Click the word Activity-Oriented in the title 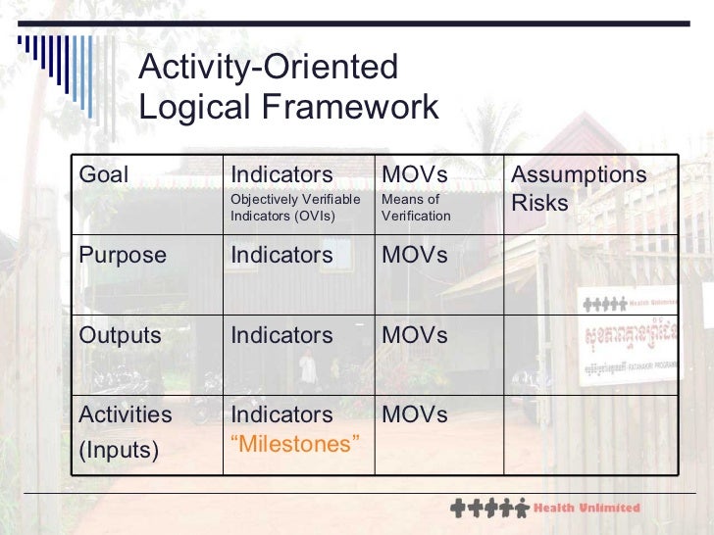(269, 68)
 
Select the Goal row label (103, 174)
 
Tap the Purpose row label (123, 255)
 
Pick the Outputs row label (120, 335)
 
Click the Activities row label (125, 414)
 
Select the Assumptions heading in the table (580, 174)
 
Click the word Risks (539, 203)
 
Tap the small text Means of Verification (416, 208)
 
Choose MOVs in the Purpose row (414, 255)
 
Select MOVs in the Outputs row (414, 335)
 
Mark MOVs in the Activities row (414, 414)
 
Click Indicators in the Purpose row (281, 255)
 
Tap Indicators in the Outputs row (281, 335)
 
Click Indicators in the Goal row (281, 174)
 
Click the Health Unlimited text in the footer (586, 508)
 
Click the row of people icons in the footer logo (487, 509)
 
